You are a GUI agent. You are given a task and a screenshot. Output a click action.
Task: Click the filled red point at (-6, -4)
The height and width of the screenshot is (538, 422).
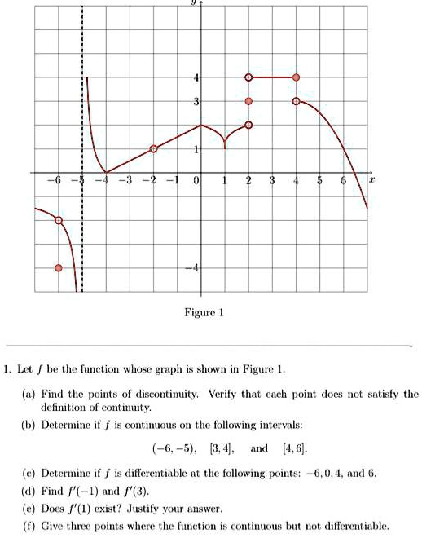58,268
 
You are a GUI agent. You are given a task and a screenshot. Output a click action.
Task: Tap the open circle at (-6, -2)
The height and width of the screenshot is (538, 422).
58,220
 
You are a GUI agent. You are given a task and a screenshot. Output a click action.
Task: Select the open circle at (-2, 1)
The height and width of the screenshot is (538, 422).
153,149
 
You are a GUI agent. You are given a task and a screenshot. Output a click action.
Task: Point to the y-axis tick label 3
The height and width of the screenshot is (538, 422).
196,102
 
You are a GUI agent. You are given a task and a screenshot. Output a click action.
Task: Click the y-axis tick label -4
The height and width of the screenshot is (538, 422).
193,269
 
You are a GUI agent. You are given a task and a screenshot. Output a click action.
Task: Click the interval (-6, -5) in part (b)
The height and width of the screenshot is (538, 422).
174,448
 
